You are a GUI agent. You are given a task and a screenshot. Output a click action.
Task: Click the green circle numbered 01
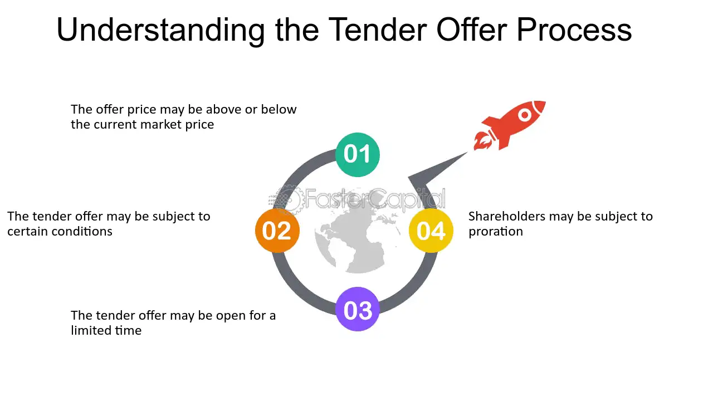pyautogui.click(x=357, y=154)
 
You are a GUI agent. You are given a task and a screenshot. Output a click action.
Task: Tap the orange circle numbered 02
pyautogui.click(x=277, y=231)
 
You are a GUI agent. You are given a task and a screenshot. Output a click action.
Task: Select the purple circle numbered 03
pyautogui.click(x=357, y=309)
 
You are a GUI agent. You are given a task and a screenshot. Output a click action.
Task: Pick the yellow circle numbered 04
pyautogui.click(x=431, y=231)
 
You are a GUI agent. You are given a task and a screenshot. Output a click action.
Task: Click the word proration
pyautogui.click(x=495, y=232)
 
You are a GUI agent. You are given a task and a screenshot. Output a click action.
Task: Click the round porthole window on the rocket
pyautogui.click(x=525, y=115)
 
